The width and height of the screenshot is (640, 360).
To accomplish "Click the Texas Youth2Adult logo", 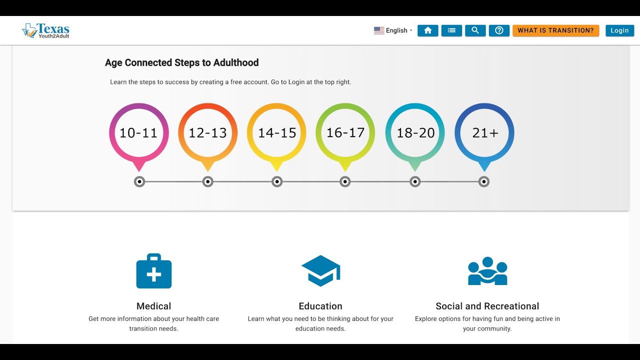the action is coord(45,30).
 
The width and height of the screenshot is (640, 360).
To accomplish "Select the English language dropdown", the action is coord(393,30).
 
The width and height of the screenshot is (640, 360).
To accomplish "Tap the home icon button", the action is coord(427,30).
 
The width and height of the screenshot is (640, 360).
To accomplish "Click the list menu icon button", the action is coord(451,30).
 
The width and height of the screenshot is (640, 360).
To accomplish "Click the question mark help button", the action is coord(499,30).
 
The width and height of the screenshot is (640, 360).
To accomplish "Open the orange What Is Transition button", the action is coord(555,30).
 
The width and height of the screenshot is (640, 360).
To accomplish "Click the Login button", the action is coord(619,30).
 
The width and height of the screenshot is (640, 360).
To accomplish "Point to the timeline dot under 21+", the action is coord(483,181).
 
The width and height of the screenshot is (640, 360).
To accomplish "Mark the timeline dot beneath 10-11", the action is coord(139,181).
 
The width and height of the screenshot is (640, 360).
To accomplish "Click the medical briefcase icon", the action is coord(154,271).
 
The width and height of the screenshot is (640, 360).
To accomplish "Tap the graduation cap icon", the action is coord(321,271).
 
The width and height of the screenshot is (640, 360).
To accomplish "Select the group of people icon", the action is coord(487,271).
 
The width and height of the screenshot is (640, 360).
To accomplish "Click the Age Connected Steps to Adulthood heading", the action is coord(181,62).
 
